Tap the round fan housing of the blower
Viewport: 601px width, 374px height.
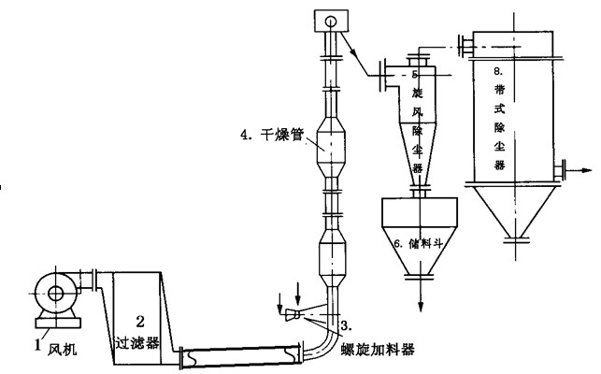53,294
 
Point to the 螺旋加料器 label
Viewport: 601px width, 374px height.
377,350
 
